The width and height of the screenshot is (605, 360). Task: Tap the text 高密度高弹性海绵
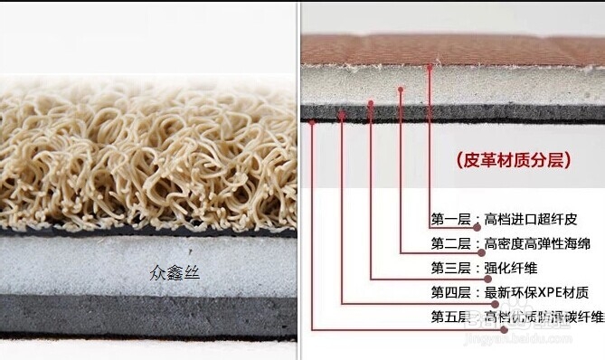click(536, 244)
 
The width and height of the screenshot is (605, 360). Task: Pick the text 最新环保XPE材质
click(536, 292)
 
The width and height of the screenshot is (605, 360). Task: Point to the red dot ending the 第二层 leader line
click(401, 89)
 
